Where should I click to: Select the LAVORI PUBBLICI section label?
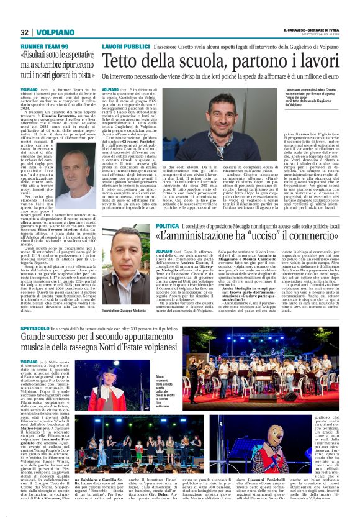(126, 47)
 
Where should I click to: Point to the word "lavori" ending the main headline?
(335, 61)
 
